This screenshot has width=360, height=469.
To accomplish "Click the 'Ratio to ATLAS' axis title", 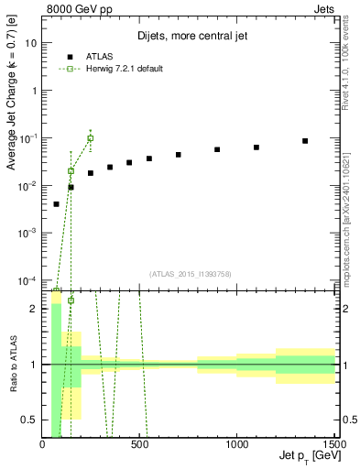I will click(12, 364).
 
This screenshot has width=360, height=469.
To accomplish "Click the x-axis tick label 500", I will click(140, 444).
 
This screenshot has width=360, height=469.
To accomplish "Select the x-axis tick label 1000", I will click(237, 444).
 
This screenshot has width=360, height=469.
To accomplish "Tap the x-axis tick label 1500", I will click(333, 444).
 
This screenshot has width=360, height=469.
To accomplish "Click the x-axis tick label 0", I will click(43, 444).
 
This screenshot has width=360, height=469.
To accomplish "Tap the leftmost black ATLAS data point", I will click(56, 204).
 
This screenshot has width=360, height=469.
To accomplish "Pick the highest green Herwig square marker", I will click(91, 138).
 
